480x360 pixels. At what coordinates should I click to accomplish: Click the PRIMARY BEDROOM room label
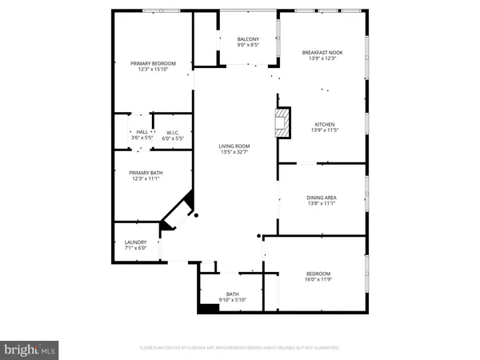(x=153, y=63)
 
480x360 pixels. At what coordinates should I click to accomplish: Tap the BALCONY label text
(x=248, y=39)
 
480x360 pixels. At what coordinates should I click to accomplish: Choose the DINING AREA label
(x=321, y=198)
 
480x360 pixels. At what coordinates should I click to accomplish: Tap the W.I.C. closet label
(x=173, y=132)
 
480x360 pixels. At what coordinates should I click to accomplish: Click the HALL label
(x=142, y=132)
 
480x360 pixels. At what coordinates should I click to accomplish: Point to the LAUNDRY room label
(x=134, y=242)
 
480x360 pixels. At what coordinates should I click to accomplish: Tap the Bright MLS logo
(x=30, y=349)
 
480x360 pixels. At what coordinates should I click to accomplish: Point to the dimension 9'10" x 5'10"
(x=232, y=301)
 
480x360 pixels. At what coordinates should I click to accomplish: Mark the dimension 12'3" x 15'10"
(x=153, y=70)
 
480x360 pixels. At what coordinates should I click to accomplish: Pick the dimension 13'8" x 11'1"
(x=321, y=204)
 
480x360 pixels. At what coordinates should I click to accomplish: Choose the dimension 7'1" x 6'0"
(x=134, y=249)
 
